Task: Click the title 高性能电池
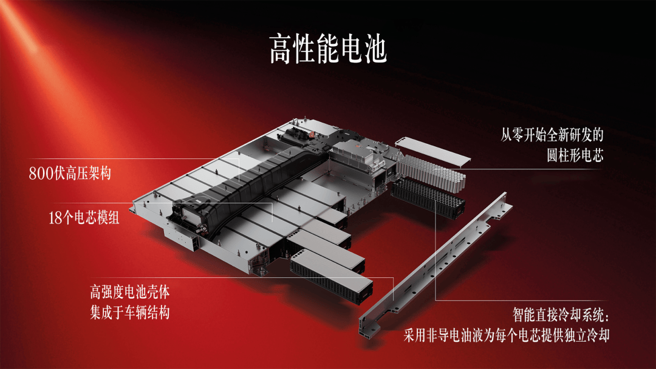328,49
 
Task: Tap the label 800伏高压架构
70,173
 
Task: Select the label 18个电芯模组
84,217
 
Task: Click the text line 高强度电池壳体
130,292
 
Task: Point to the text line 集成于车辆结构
130,312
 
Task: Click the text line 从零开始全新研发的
552,135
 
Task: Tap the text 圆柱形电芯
575,155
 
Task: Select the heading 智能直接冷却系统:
561,314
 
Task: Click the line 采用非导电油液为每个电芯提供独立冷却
506,335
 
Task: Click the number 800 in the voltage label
41,173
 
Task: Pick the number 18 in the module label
55,217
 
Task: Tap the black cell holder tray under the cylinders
428,198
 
